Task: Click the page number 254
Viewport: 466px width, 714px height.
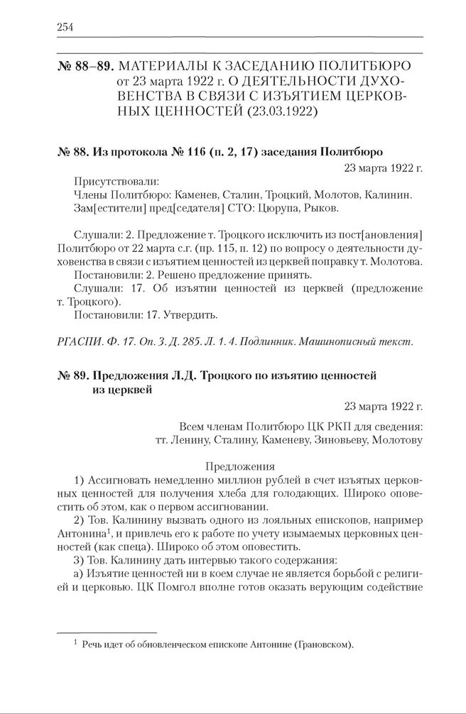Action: (x=65, y=27)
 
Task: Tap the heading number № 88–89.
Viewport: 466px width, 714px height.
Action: (x=84, y=66)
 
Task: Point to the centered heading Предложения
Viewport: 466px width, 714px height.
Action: (x=239, y=466)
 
